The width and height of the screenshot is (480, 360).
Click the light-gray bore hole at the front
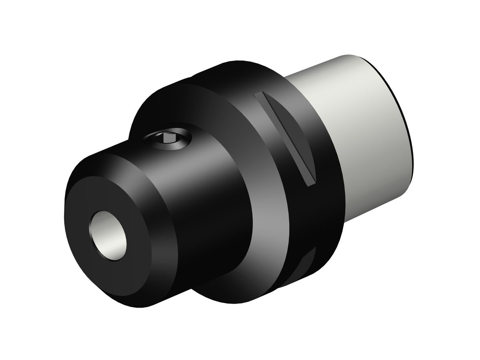tap(108, 236)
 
